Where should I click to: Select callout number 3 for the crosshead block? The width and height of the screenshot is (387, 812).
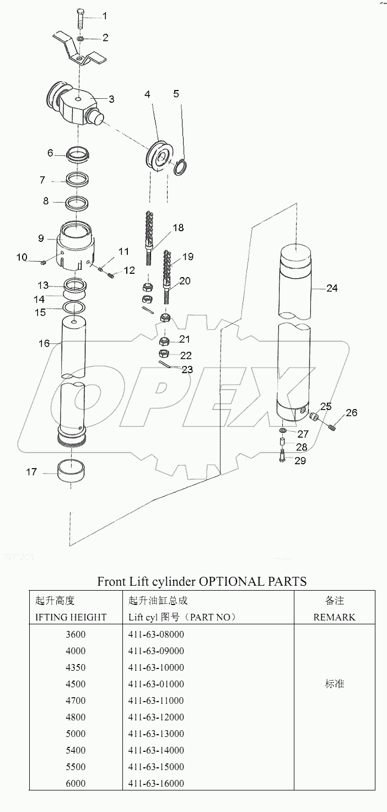(111, 99)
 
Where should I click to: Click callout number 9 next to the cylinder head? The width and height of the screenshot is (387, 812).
(41, 239)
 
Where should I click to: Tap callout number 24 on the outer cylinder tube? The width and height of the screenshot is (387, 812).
(332, 288)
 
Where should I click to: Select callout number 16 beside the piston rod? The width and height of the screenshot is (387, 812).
(44, 343)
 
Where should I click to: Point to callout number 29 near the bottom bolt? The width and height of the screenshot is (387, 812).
(300, 461)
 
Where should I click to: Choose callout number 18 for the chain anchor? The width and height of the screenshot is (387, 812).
(178, 227)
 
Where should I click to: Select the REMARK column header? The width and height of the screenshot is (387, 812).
(335, 617)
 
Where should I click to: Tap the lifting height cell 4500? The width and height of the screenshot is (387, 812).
(75, 684)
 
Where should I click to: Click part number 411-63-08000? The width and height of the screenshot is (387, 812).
(156, 634)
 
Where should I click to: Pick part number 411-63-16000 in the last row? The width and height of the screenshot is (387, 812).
(156, 783)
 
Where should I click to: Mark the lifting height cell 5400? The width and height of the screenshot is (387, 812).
(75, 750)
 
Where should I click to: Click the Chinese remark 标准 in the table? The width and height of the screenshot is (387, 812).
(335, 684)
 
